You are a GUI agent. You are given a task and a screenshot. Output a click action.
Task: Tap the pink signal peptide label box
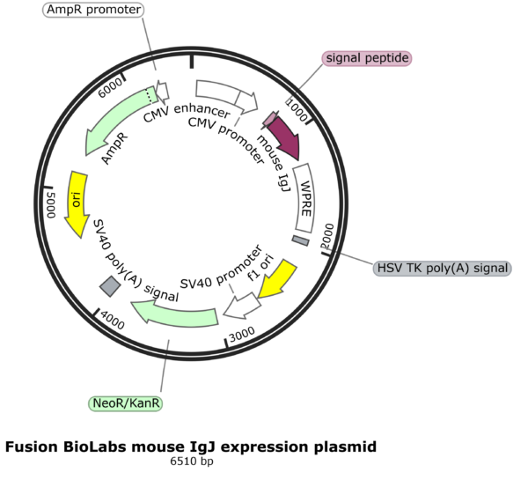[x=367, y=58]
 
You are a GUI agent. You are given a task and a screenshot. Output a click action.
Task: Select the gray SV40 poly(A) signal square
[x=110, y=285]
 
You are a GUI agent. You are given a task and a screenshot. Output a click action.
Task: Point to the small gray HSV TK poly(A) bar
[x=301, y=240]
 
